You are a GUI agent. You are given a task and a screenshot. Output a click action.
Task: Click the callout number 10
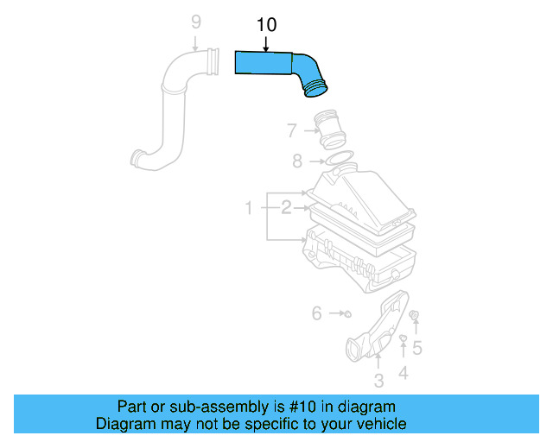[267, 25]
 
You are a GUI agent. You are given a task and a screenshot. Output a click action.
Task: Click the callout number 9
[195, 21]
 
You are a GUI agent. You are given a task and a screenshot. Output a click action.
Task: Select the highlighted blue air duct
[276, 66]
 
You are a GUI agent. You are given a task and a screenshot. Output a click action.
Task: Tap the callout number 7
[292, 130]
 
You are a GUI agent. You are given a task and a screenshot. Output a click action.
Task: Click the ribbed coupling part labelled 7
[330, 129]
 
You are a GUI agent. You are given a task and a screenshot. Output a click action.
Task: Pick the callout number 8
[296, 161]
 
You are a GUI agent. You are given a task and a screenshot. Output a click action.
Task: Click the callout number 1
[248, 208]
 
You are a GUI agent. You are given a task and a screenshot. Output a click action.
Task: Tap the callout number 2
[284, 207]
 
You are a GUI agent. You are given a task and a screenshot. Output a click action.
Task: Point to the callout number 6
[316, 313]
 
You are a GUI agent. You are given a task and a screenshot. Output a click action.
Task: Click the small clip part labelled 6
[347, 313]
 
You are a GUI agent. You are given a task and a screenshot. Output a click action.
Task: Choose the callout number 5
[416, 348]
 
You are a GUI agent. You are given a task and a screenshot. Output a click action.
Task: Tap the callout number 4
[403, 373]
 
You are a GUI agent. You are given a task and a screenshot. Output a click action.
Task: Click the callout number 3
[378, 381]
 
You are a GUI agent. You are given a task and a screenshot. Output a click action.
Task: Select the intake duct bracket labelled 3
[375, 333]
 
